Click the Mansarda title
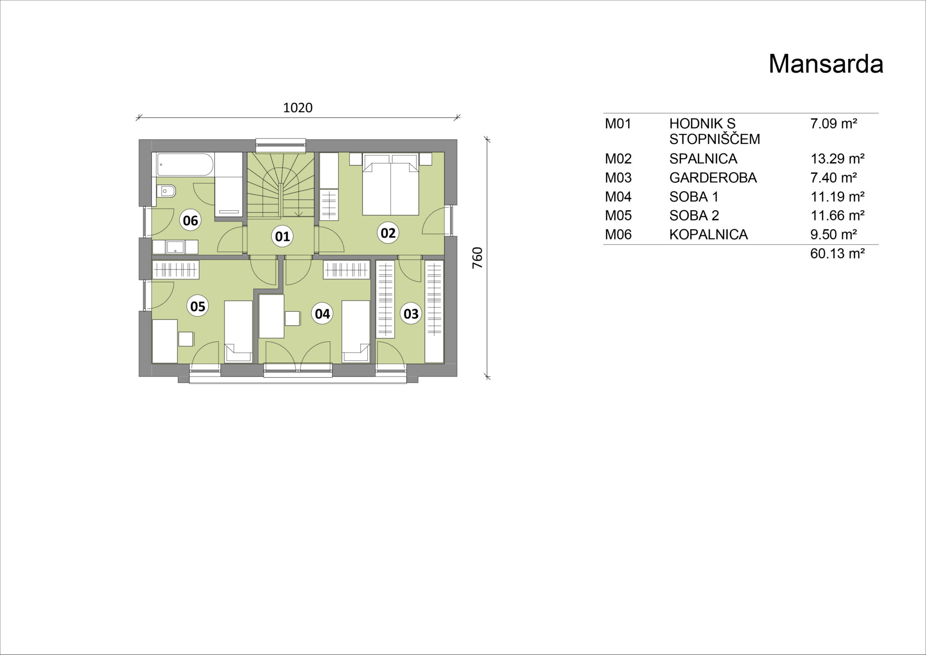[x=826, y=64]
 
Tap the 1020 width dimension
[x=298, y=108]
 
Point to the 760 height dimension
[x=477, y=258]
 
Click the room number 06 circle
[x=190, y=220]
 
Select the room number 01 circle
[x=282, y=236]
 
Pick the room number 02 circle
[x=388, y=233]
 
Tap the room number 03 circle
[x=411, y=314]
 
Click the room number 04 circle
[x=322, y=314]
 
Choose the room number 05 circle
[x=198, y=306]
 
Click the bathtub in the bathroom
[x=185, y=165]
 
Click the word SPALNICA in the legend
[x=703, y=159]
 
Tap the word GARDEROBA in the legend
[x=713, y=178]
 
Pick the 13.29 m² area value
[x=838, y=159]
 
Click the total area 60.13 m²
[x=838, y=253]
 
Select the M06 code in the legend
[x=618, y=234]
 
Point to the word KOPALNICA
[x=708, y=234]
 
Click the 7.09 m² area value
[x=833, y=124]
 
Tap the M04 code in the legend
[x=618, y=197]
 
